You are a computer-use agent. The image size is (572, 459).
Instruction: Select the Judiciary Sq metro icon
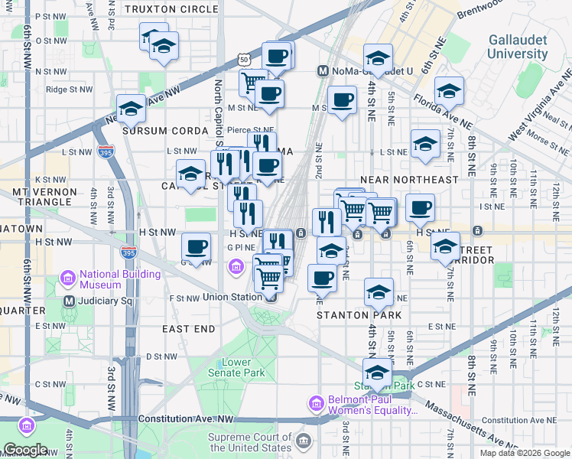(70, 301)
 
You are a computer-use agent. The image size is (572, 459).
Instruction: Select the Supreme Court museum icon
(304, 441)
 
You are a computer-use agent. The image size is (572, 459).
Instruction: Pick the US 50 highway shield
(243, 58)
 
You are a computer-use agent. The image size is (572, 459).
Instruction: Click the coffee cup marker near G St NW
(197, 247)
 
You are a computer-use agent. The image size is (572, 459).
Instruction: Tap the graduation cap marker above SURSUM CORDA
(132, 109)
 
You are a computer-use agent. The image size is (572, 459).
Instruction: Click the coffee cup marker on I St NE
(419, 207)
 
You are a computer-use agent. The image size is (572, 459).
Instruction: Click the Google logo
(25, 450)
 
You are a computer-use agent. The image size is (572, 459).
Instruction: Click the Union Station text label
(232, 297)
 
